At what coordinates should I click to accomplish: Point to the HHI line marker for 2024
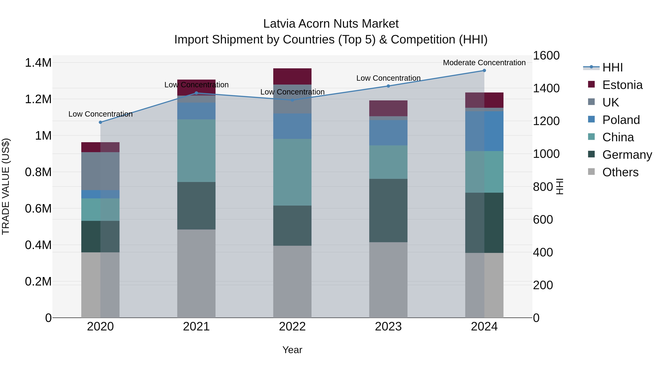coord(484,71)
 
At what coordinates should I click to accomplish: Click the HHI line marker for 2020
coord(100,122)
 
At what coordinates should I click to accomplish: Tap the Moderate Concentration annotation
coord(484,63)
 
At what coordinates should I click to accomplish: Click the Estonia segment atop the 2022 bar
coord(292,76)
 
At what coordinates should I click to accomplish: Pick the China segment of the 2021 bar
coord(196,151)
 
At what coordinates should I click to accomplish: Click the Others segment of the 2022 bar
coord(292,282)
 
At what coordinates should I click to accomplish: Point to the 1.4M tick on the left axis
coord(38,63)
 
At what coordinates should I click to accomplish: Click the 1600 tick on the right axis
coord(546,56)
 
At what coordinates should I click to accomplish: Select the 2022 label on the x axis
coord(292,327)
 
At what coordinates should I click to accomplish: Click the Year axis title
coord(292,350)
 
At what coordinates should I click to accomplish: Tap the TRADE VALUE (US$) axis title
coord(6,186)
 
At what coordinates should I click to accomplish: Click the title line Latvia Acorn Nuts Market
coord(331,24)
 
